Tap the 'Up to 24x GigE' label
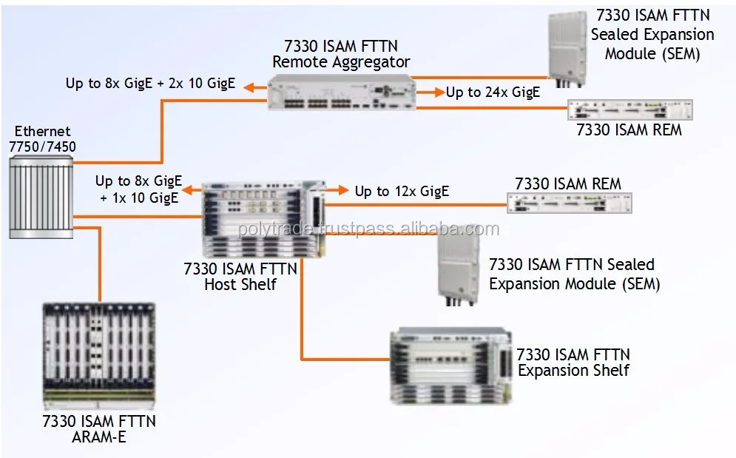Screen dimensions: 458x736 coord(493,92)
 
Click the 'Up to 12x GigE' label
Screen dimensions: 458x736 coord(402,192)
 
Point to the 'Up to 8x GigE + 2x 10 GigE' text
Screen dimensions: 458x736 coord(150,84)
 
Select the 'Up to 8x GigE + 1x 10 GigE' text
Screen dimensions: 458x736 coord(138,189)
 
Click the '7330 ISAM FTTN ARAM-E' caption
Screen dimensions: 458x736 coord(99,429)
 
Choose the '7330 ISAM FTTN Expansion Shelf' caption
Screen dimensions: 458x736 coord(573,363)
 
